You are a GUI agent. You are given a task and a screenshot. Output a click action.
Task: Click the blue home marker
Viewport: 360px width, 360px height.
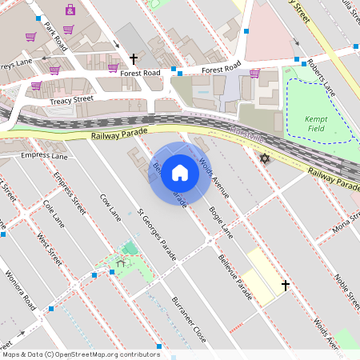180,173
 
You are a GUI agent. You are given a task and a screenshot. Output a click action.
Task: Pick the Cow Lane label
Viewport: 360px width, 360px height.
109,207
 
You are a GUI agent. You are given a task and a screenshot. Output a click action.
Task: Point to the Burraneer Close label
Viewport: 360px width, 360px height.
189,320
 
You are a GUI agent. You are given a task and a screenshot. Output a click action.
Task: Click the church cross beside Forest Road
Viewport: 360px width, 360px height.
134,58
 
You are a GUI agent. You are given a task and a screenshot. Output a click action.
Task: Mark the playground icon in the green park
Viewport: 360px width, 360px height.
122,262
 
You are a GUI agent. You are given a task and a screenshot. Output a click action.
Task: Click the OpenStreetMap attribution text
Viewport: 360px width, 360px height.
80,354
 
